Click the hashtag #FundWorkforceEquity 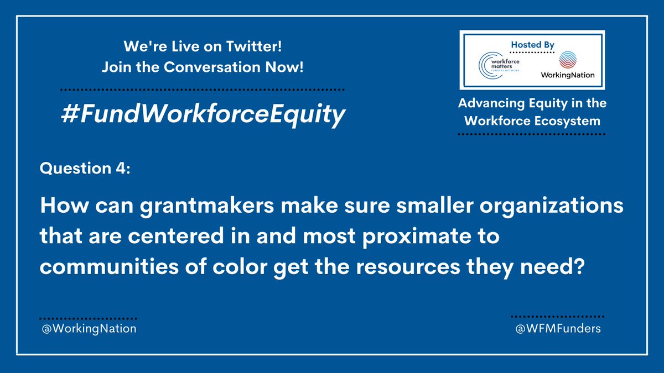[203, 114]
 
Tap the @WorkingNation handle [88, 329]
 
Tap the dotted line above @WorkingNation [88, 319]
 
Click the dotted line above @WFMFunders [556, 317]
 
